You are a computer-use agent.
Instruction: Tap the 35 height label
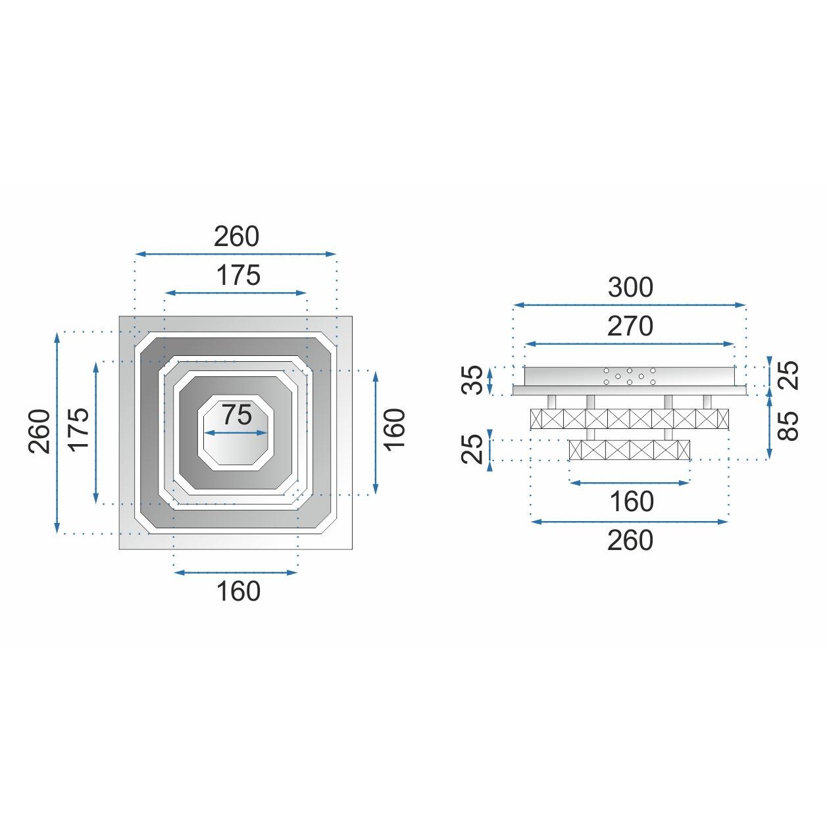pyautogui.click(x=472, y=380)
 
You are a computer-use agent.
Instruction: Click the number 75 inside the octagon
pyautogui.click(x=238, y=415)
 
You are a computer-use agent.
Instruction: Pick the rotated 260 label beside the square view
pyautogui.click(x=39, y=432)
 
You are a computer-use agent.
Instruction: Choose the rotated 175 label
pyautogui.click(x=79, y=429)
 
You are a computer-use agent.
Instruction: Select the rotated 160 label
pyautogui.click(x=394, y=429)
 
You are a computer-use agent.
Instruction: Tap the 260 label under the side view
pyautogui.click(x=630, y=540)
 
